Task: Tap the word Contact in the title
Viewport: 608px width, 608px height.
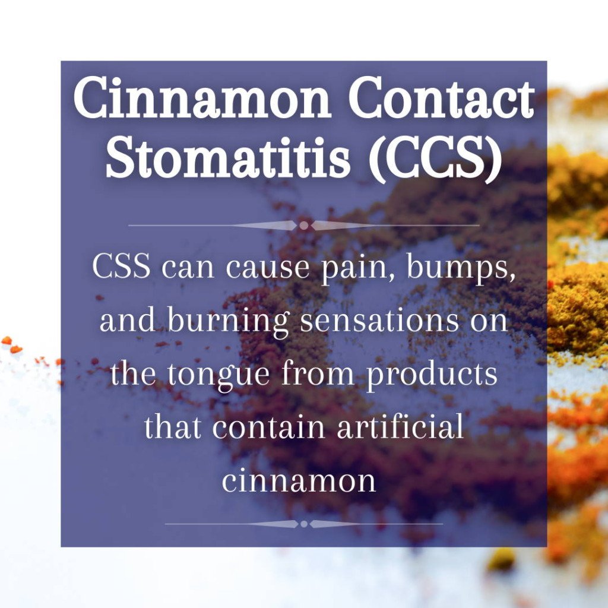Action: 441,99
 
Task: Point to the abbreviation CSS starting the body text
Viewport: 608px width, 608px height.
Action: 121,267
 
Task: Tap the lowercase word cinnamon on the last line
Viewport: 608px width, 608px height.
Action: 299,482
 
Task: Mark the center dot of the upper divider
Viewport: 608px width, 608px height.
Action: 304,226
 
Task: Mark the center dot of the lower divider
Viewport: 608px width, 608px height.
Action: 304,524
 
